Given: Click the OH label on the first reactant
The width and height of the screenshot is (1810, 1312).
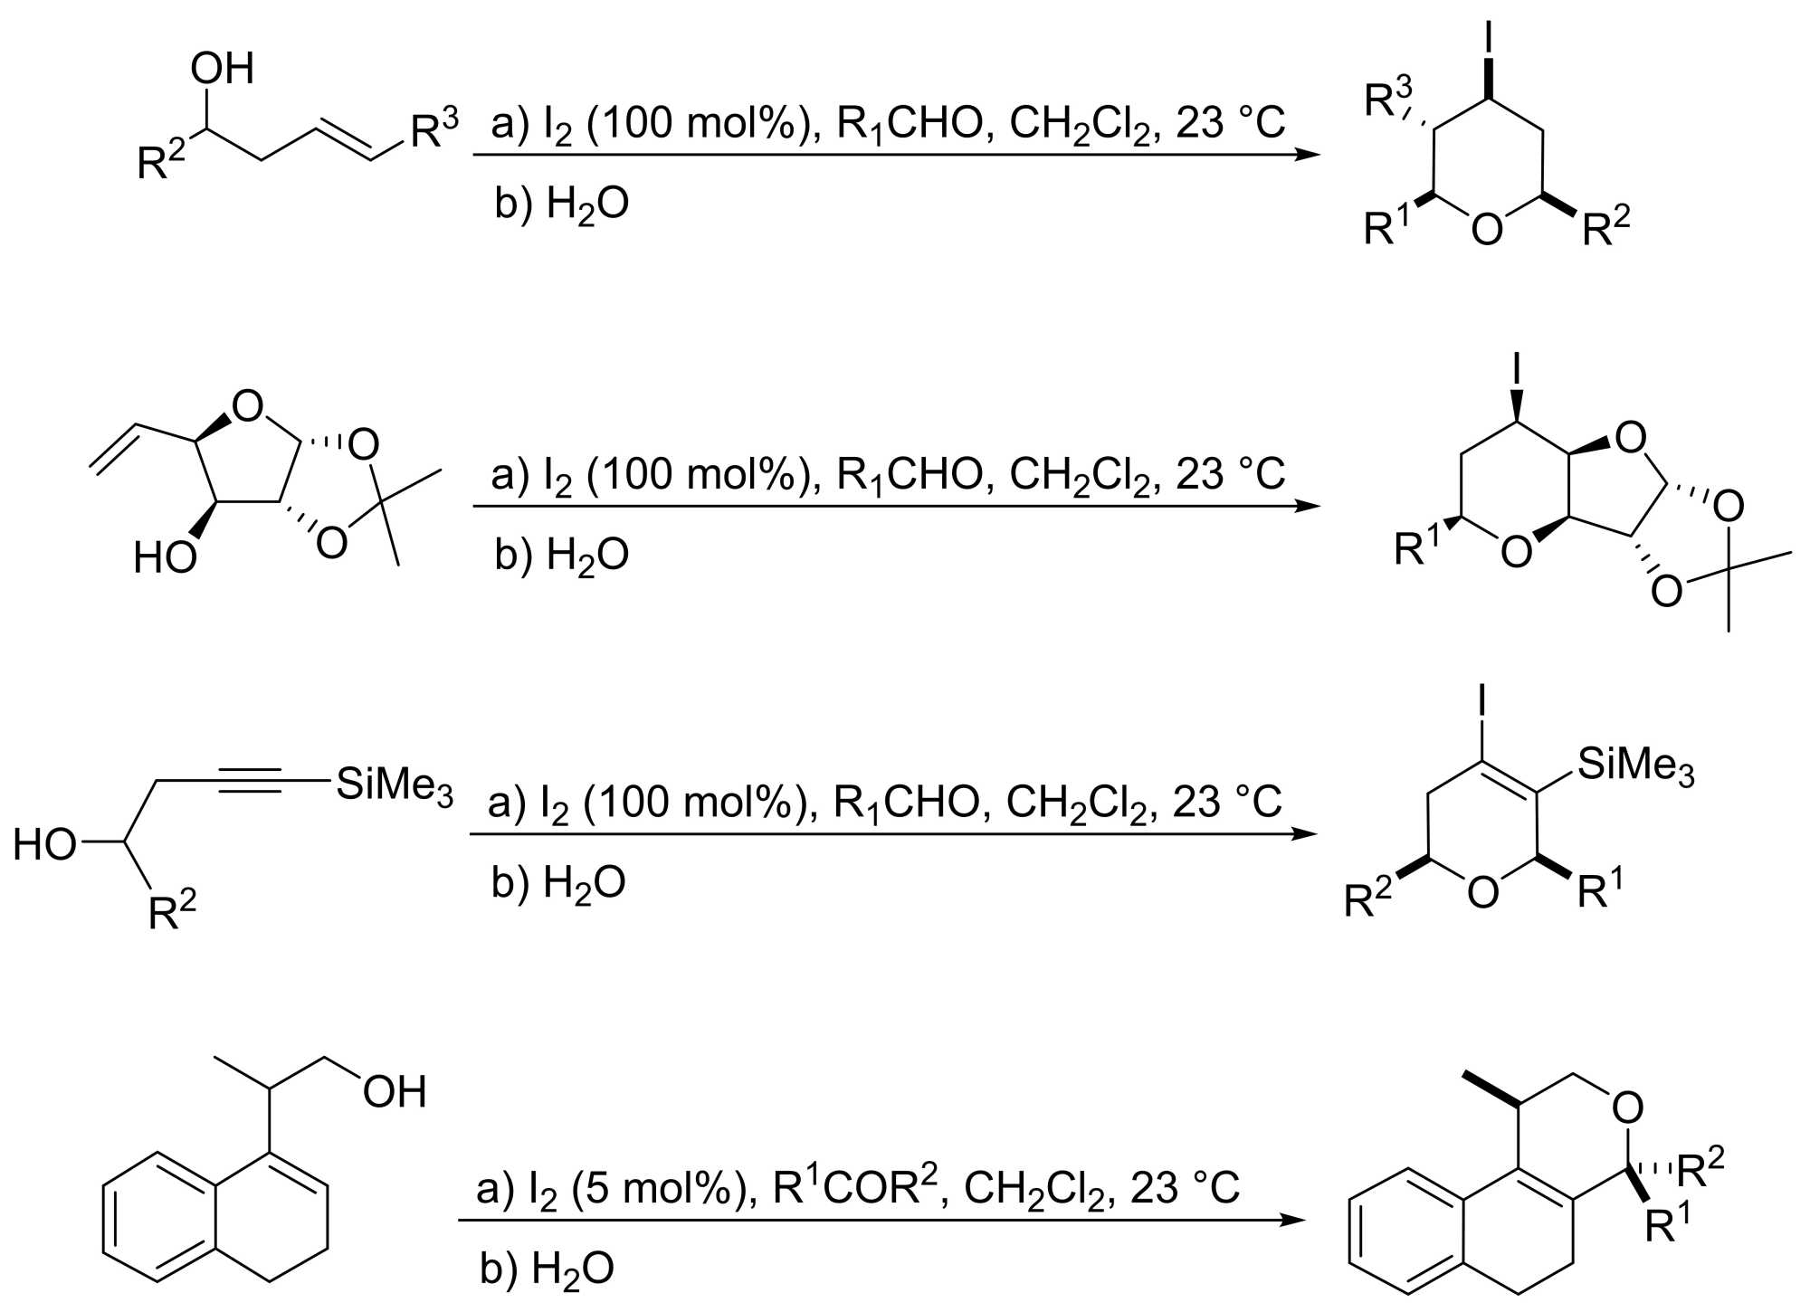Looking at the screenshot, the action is (x=222, y=69).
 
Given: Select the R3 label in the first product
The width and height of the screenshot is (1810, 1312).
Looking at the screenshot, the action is (x=1388, y=99).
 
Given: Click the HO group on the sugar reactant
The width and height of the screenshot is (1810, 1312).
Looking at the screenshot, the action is (x=165, y=558).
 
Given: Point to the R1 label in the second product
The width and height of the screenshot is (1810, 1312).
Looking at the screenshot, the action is (x=1416, y=547).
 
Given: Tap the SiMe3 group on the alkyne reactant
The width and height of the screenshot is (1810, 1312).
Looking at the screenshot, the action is (x=394, y=784).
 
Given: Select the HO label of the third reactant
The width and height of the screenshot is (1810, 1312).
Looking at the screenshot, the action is (x=44, y=845).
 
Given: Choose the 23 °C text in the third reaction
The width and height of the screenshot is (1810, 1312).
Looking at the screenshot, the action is (x=1227, y=802).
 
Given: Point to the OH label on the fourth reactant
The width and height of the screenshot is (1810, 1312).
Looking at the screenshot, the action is (x=395, y=1092).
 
